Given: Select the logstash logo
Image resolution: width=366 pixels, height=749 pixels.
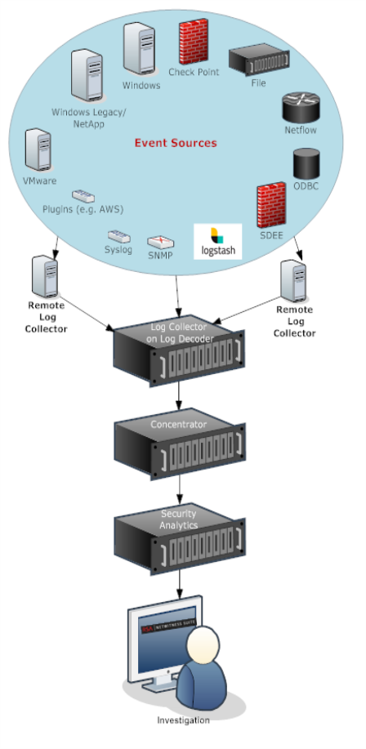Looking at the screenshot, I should click(x=218, y=242).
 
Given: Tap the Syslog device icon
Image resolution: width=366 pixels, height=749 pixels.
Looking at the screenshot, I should click(x=118, y=234).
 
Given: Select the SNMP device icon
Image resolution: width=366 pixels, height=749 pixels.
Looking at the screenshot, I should click(x=159, y=242).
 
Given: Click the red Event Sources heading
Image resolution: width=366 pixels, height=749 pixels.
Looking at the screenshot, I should click(x=176, y=143).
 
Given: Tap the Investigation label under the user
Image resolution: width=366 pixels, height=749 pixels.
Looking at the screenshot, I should click(x=184, y=720).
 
